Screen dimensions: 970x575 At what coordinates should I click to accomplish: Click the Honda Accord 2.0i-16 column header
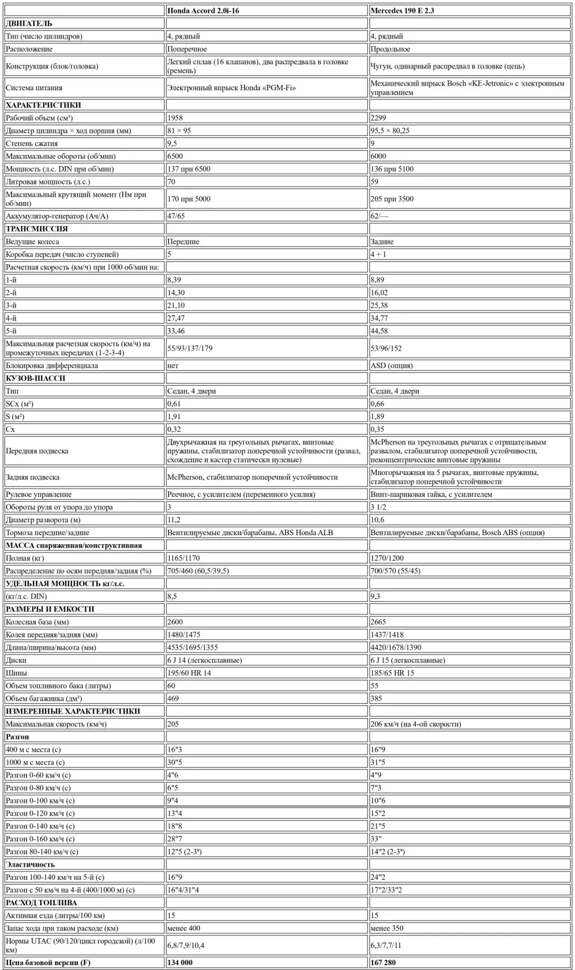[x=203, y=11]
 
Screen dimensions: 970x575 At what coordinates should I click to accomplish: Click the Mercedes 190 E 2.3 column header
[x=402, y=11]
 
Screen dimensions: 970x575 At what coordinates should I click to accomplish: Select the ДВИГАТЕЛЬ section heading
[x=29, y=24]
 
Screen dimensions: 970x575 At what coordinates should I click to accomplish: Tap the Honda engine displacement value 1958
[x=175, y=118]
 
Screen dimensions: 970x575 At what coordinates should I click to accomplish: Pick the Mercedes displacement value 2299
[x=378, y=118]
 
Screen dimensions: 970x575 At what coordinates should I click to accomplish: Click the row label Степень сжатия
[x=32, y=143]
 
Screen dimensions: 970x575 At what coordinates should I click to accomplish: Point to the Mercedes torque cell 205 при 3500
[x=392, y=199]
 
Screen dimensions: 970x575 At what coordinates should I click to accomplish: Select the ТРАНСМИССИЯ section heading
[x=37, y=229]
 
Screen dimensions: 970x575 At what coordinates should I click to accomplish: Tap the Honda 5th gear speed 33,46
[x=176, y=331]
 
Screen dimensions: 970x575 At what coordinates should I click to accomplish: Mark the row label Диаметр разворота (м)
[x=43, y=520]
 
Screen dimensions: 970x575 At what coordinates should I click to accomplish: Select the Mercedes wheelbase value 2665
[x=378, y=622]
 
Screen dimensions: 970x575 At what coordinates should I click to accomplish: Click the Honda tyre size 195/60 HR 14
[x=189, y=673]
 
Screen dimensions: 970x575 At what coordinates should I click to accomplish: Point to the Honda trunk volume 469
[x=173, y=698]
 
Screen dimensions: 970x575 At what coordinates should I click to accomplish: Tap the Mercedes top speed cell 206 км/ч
[x=415, y=724]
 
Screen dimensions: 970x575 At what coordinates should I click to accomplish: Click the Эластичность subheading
[x=30, y=864]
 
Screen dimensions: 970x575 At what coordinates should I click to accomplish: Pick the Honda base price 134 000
[x=180, y=962]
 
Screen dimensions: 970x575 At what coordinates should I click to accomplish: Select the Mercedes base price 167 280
[x=383, y=962]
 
